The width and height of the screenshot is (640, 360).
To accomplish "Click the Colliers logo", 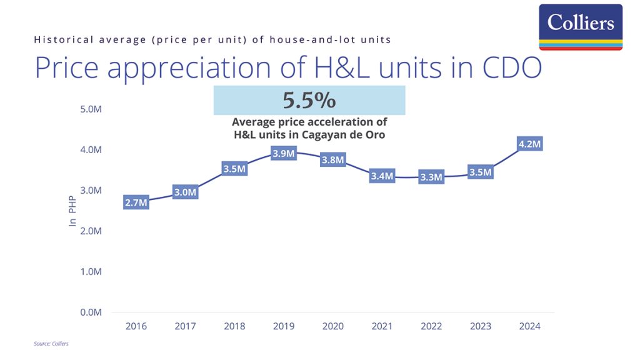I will pos(581,26).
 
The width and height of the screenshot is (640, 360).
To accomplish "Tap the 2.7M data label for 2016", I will pos(136,202).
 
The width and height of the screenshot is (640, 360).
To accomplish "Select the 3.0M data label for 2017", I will pos(185,192).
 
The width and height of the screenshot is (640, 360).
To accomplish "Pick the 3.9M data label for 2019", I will pos(284,154).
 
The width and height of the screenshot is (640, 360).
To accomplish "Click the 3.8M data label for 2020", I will pos(332,160).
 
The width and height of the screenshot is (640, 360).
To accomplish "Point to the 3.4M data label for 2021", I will pos(382,176).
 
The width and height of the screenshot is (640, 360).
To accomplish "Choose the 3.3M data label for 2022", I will pos(431,177).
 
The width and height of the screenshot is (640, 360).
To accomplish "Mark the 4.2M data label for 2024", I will pos(529,144).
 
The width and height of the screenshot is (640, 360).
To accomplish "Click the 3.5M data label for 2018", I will pos(234,169).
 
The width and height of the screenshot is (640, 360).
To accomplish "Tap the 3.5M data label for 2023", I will pos(481,172).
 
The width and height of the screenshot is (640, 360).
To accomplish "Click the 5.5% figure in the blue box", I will pos(309,101).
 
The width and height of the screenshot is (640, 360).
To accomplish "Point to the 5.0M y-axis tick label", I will pos(91,109).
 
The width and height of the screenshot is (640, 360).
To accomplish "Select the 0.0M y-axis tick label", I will pos(91,312).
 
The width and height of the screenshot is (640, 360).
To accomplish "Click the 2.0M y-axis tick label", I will pos(91,231).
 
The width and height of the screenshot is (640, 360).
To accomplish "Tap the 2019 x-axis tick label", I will pos(284,326).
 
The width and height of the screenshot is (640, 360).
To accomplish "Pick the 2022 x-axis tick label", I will pos(431,326).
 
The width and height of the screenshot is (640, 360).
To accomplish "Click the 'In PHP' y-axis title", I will pos(72,212).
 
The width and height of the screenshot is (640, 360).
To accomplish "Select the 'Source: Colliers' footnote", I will pos(51,344).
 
